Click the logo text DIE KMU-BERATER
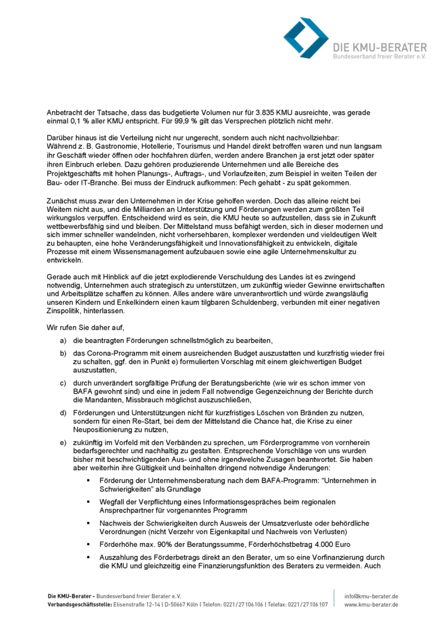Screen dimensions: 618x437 [366, 46]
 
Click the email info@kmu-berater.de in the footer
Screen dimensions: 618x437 [371, 596]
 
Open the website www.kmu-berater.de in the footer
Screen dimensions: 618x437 [371, 604]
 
